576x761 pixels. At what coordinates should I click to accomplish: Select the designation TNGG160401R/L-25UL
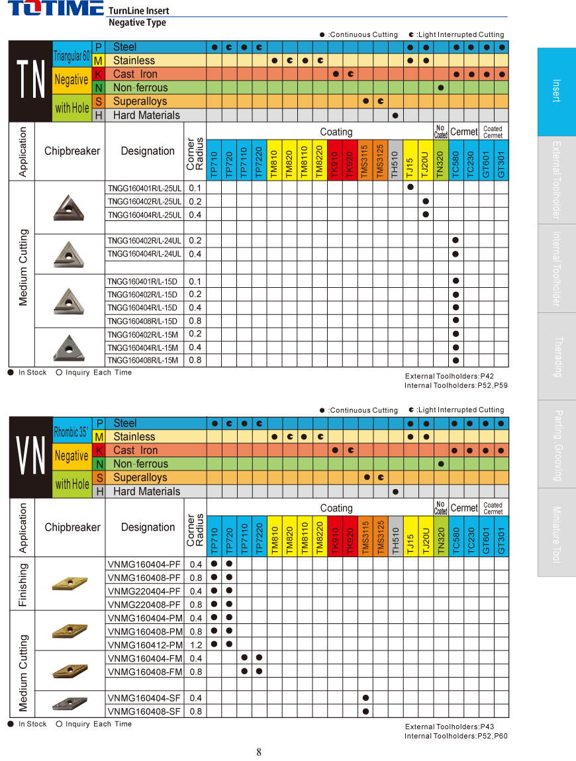click(x=144, y=188)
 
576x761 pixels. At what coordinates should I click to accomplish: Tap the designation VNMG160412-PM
click(x=144, y=645)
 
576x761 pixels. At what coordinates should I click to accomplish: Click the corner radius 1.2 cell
click(x=196, y=645)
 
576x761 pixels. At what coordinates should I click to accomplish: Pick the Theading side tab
click(x=557, y=356)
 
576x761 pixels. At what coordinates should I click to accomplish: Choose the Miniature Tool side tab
click(x=557, y=533)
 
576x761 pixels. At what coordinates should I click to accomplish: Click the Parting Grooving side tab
click(x=557, y=444)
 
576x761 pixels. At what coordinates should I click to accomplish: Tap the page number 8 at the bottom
click(x=259, y=752)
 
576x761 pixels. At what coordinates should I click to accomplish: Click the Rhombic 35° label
click(x=72, y=433)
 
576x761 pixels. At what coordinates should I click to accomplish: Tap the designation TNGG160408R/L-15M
click(x=143, y=361)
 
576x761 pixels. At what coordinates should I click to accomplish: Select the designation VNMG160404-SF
click(x=144, y=698)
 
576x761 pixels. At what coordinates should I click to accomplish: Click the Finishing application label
click(x=23, y=584)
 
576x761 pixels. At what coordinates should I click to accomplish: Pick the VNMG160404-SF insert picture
click(x=70, y=703)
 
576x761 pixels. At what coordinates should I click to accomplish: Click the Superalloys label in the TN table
click(x=140, y=101)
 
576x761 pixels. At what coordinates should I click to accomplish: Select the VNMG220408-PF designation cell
click(x=144, y=605)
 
